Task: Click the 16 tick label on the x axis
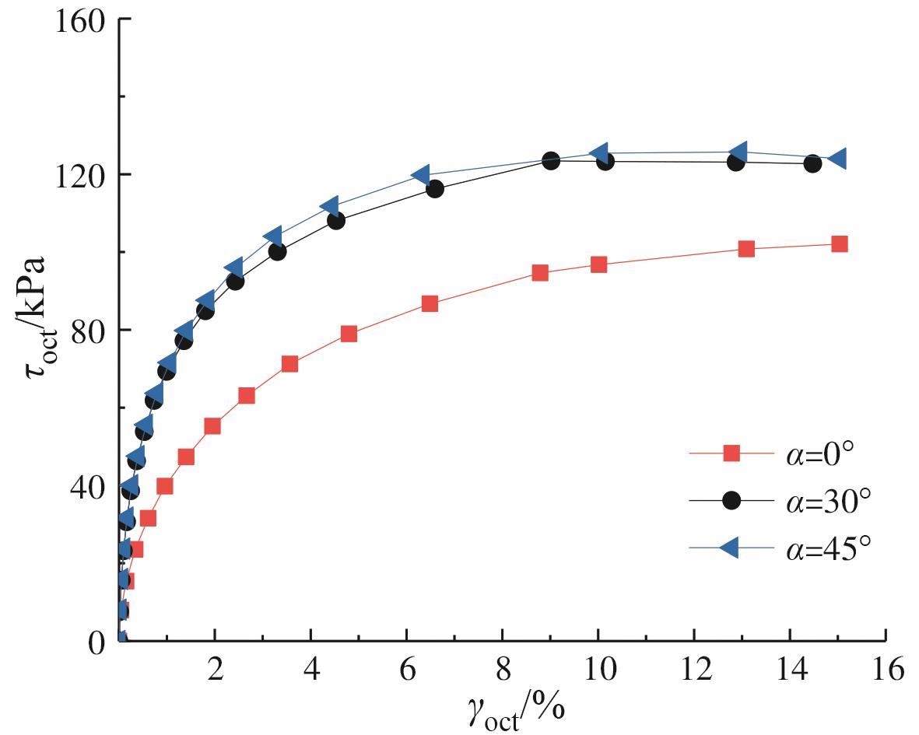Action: [x=885, y=670]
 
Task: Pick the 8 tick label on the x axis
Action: [x=502, y=670]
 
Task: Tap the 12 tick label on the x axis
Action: [x=693, y=670]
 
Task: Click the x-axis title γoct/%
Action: [x=517, y=709]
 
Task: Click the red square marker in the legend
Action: [x=731, y=453]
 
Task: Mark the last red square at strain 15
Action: [x=839, y=244]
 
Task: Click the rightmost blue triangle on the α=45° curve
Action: [x=837, y=159]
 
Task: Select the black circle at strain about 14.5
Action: [x=812, y=163]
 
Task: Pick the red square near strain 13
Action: [x=746, y=249]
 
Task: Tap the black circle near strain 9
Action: [x=551, y=161]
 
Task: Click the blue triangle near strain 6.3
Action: [x=421, y=175]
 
